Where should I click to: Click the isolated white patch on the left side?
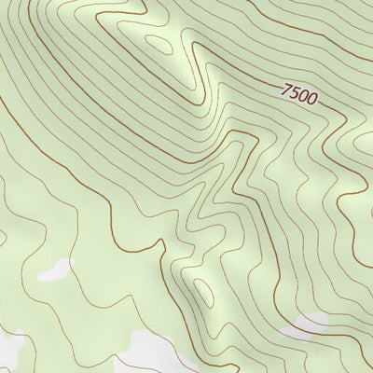point(54,271)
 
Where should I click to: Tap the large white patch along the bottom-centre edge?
point(154,354)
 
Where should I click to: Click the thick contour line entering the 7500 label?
point(270,86)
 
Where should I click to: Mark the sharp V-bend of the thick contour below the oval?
point(197,97)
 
